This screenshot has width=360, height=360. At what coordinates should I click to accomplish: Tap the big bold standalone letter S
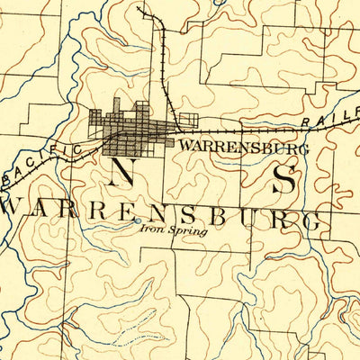coord(284,179)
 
